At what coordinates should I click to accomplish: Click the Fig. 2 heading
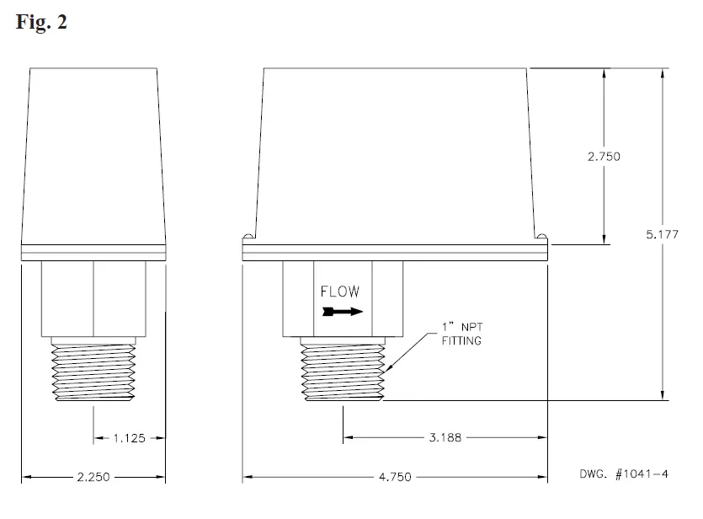[x=41, y=23]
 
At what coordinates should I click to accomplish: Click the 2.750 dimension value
[x=603, y=158]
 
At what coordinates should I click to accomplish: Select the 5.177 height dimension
[x=662, y=234]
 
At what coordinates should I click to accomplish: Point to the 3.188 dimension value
[x=445, y=438]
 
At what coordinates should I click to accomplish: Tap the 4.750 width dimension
[x=395, y=478]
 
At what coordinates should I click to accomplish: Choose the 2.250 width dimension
[x=93, y=478]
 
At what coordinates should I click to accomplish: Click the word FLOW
[x=340, y=292]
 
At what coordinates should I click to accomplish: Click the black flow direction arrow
[x=342, y=312]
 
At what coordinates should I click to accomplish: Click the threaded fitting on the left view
[x=93, y=372]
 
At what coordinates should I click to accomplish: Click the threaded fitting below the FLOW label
[x=343, y=369]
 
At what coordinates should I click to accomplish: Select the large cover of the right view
[x=396, y=152]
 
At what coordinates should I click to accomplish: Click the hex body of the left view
[x=93, y=298]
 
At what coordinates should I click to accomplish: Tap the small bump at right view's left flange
[x=248, y=236]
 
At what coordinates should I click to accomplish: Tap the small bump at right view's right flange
[x=542, y=236]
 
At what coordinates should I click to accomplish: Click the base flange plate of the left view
[x=93, y=252]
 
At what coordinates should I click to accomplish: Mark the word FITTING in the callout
[x=464, y=341]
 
